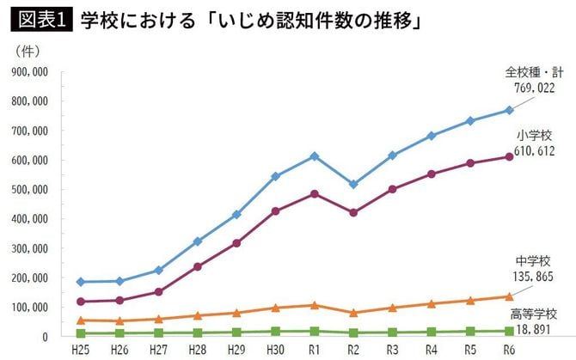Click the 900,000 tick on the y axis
(x=30, y=72)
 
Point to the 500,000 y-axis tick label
(x=30, y=190)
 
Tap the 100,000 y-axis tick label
(x=30, y=308)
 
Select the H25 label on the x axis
(x=81, y=349)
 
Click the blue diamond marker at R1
(x=315, y=156)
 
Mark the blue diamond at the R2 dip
(x=352, y=184)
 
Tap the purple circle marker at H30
(x=275, y=211)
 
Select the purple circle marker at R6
(x=509, y=156)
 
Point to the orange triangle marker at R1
(x=315, y=305)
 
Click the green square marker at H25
(x=81, y=333)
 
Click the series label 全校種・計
(x=534, y=72)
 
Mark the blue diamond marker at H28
(x=198, y=241)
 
